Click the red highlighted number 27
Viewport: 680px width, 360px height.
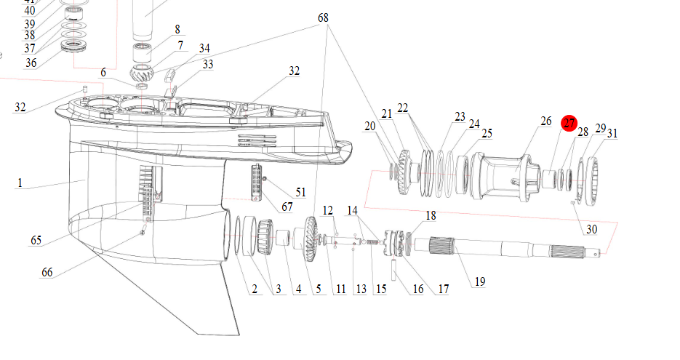click(x=569, y=124)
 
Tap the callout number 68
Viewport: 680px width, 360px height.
click(x=323, y=17)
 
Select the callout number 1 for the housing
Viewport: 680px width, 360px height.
click(x=20, y=183)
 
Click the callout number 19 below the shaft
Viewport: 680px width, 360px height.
click(x=480, y=282)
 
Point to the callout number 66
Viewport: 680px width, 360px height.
click(x=47, y=273)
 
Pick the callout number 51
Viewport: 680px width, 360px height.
click(x=300, y=192)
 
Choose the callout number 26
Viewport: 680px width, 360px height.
click(x=546, y=121)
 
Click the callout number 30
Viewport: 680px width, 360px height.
click(x=592, y=229)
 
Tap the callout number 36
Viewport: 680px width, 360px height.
click(x=31, y=63)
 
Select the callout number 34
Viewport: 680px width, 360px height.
click(x=204, y=48)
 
